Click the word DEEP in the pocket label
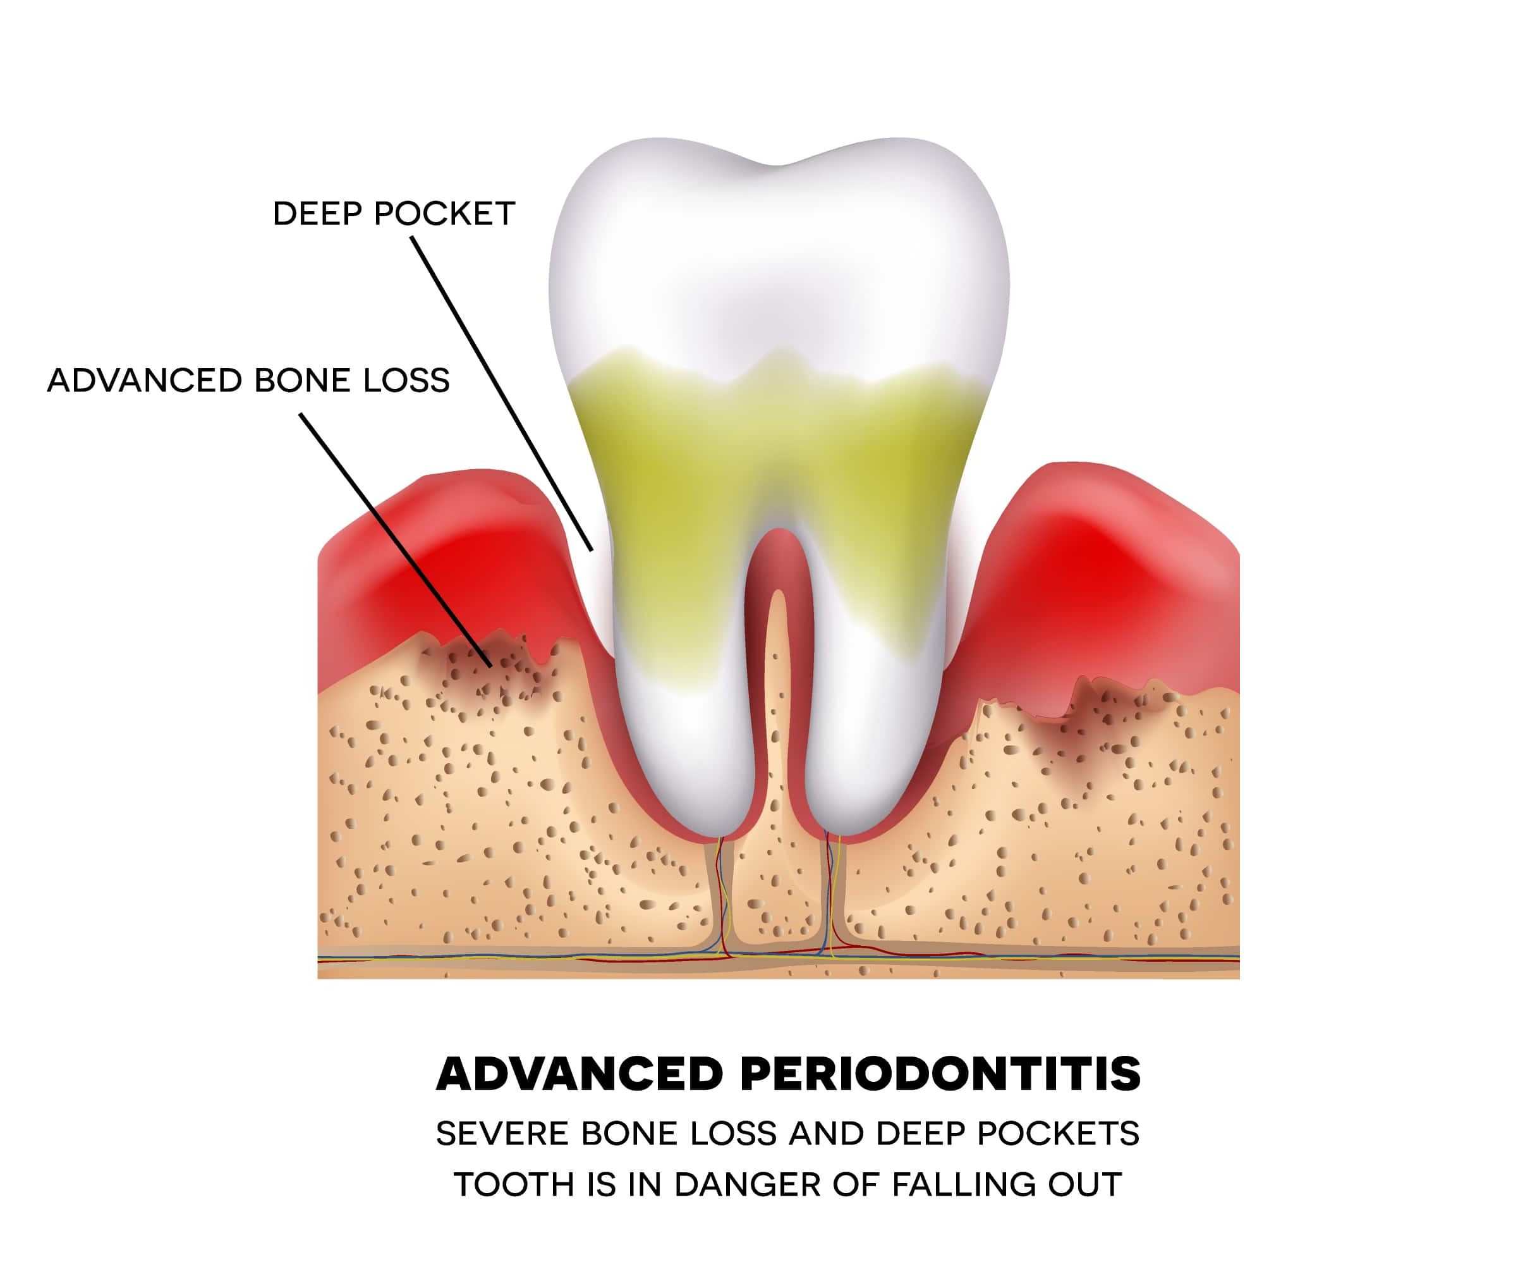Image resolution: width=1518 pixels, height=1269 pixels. (x=317, y=214)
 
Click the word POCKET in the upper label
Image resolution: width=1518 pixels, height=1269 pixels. (x=444, y=214)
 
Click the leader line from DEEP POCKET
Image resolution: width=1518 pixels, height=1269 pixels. (x=502, y=393)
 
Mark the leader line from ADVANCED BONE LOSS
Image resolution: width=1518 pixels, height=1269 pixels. (x=396, y=539)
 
